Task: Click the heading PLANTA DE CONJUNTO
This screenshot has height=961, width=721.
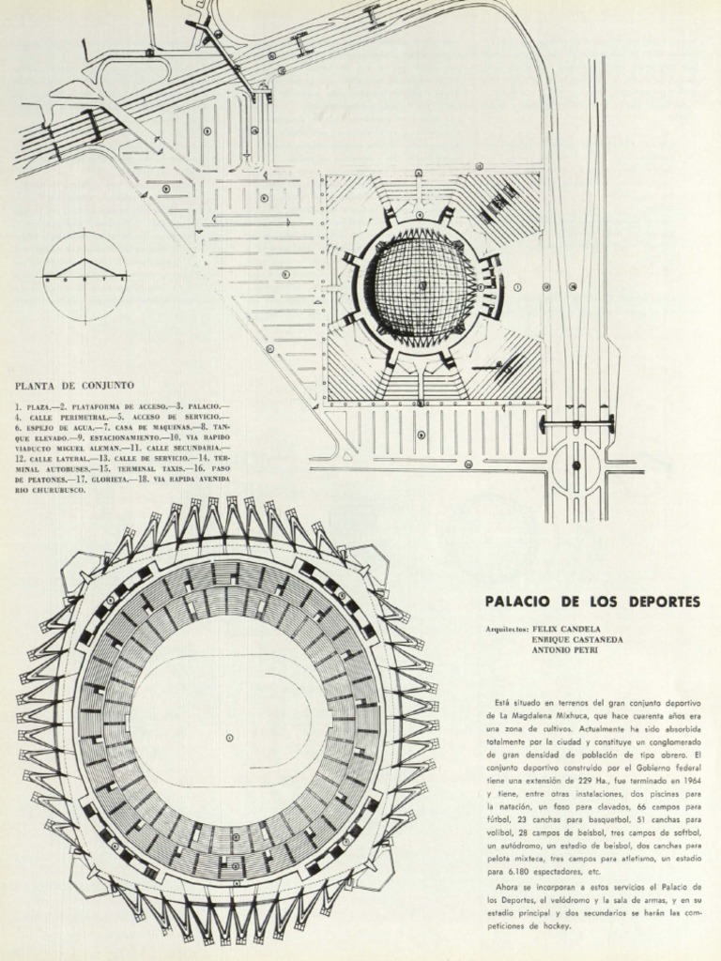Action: [x=74, y=386]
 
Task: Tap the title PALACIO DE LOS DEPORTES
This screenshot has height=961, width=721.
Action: [x=592, y=602]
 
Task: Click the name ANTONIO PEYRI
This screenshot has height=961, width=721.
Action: [x=564, y=649]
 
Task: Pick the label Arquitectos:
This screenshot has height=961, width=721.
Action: [x=506, y=631]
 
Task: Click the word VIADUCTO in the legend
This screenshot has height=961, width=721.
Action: [x=38, y=449]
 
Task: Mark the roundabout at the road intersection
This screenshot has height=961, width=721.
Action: [x=575, y=465]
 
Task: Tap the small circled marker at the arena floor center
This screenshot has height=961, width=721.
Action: [x=229, y=738]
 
